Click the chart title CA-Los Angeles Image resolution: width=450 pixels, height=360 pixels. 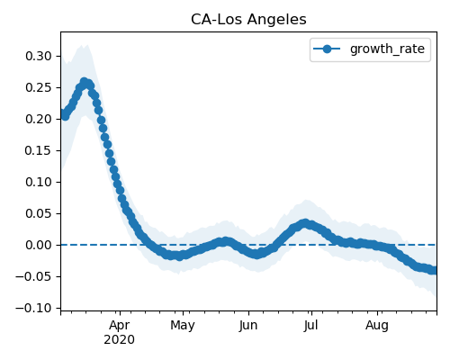coord(248,20)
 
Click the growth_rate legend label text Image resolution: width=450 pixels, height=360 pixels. coord(387,49)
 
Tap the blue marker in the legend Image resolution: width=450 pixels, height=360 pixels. coord(327,49)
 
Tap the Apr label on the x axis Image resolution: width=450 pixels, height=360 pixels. coord(120,326)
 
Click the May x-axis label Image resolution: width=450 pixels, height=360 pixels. coord(183,326)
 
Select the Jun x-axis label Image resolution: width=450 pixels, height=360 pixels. coord(248,326)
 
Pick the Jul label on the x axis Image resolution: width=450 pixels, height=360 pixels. coord(310,326)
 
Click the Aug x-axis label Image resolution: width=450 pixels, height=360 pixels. coord(377,326)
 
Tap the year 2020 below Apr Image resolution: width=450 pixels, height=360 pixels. coord(120,340)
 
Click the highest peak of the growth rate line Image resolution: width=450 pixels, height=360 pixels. coord(84,82)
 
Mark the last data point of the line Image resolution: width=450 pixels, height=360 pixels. coord(434,270)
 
